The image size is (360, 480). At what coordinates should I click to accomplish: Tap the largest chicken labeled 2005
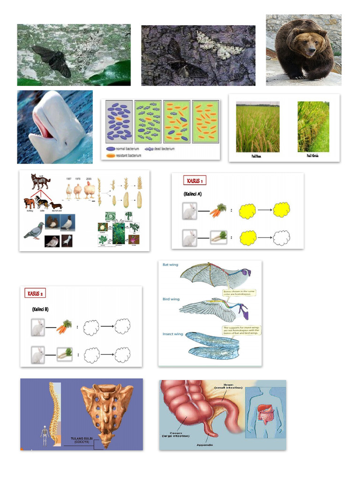pos(89,190)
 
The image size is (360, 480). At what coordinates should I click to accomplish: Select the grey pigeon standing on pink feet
pos(34,231)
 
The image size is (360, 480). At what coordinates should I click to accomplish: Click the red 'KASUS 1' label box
pos(195,180)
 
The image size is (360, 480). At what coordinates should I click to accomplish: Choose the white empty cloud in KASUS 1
pos(281,238)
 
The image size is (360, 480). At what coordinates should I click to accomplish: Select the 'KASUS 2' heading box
pos(35,293)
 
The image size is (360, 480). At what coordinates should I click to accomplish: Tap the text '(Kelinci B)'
pos(41,309)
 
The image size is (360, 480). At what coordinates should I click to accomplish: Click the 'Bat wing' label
pos(170,265)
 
